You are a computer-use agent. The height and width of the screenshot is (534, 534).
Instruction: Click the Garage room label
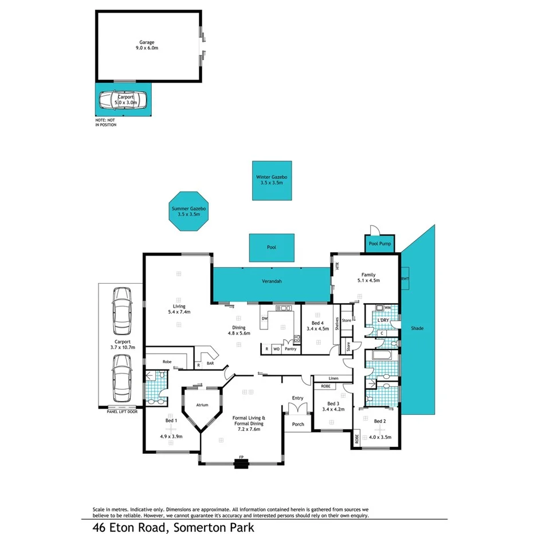[148, 42]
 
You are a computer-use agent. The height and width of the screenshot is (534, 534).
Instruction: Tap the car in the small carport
[123, 101]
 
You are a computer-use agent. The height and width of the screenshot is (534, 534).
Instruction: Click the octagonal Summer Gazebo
[189, 211]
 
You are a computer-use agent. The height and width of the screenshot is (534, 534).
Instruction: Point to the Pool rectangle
[272, 248]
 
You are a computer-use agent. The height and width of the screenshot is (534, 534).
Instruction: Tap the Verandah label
[272, 281]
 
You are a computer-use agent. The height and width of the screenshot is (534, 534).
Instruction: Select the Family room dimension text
[367, 280]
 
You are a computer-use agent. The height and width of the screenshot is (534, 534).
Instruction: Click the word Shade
[417, 328]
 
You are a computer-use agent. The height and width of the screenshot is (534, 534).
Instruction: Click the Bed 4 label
[318, 323]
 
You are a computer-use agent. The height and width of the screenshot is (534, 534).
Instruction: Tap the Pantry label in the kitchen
[290, 348]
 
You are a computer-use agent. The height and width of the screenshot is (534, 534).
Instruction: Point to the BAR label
[211, 363]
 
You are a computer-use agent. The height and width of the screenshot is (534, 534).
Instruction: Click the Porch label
[298, 425]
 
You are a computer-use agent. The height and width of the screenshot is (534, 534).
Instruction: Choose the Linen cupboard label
[333, 378]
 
